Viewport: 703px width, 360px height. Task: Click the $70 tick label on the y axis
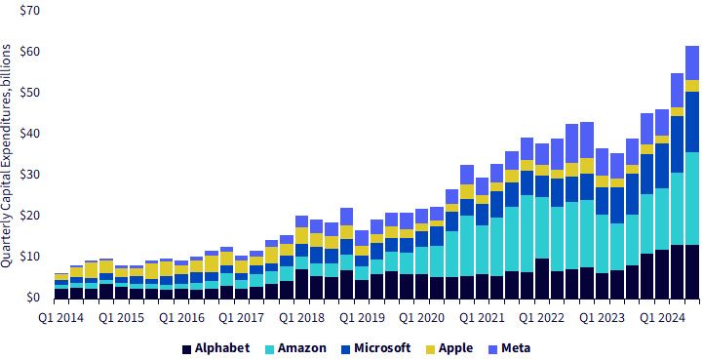tap(30, 10)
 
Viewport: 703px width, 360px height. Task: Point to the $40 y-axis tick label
tap(30, 134)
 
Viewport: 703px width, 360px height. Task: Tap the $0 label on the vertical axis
tap(33, 298)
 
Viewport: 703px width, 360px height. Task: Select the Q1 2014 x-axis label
tap(61, 318)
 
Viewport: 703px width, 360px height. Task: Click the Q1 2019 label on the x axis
tap(363, 318)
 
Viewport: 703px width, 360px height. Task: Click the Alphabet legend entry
tap(216, 348)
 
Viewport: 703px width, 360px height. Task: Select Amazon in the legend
tap(295, 348)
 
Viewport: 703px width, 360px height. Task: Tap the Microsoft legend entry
tap(375, 348)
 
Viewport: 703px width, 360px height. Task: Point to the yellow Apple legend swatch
tap(430, 348)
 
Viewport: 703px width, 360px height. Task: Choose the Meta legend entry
tap(510, 348)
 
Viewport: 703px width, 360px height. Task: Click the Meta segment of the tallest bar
tap(692, 62)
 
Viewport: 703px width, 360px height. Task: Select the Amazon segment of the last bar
tap(692, 198)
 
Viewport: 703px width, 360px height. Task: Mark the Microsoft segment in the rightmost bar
tap(692, 122)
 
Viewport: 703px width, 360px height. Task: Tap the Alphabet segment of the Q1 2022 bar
tap(542, 278)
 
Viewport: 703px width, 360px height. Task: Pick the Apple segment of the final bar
tap(692, 86)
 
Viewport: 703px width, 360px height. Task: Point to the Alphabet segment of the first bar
tap(61, 293)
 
